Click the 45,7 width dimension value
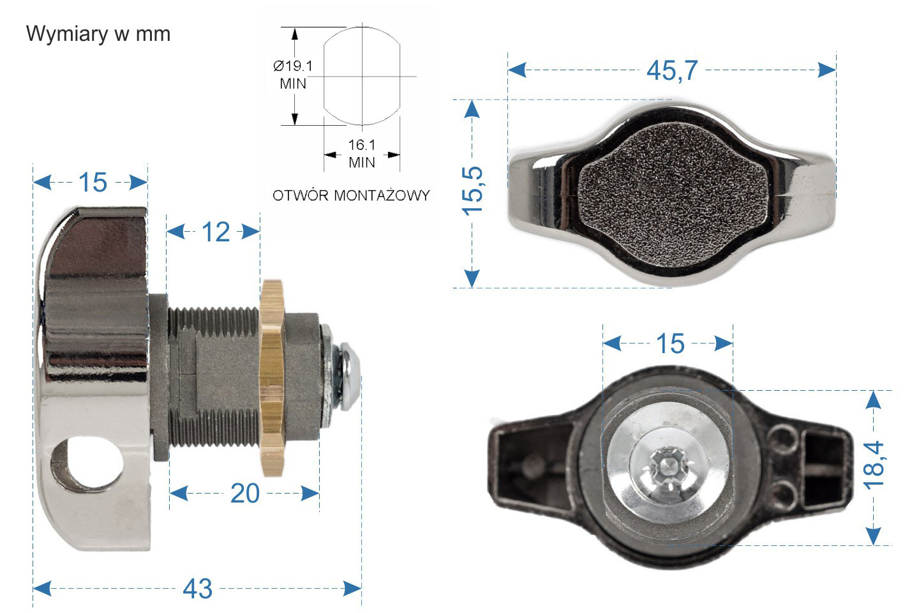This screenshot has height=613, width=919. tap(672, 70)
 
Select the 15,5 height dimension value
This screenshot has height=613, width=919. tap(473, 191)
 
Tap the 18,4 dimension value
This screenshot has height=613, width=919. tap(874, 465)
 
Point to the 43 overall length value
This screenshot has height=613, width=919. tap(197, 589)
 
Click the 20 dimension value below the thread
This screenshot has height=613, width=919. tap(244, 494)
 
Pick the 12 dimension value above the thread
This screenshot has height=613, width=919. tap(215, 232)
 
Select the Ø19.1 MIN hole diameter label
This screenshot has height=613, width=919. tap(293, 74)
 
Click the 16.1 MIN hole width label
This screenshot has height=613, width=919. tap(362, 154)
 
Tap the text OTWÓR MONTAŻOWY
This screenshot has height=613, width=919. tap(351, 195)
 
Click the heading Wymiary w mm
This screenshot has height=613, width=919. tap(98, 34)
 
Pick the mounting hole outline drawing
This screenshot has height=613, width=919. tap(362, 77)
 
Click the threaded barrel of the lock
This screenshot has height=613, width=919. tap(214, 377)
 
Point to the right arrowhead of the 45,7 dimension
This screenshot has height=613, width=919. tap(827, 70)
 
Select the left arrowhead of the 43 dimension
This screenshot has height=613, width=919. tap(42, 589)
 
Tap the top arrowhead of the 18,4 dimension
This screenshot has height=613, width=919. tap(874, 400)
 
